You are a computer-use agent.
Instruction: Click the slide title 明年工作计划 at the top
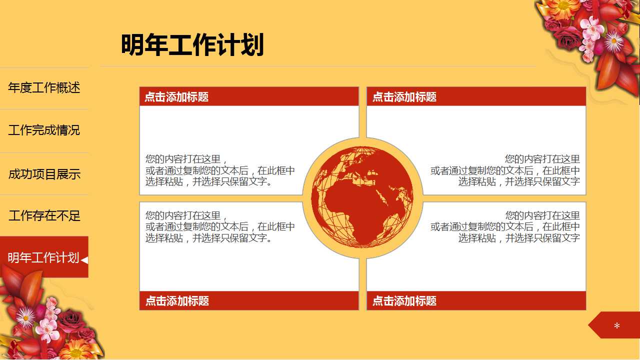tap(192, 45)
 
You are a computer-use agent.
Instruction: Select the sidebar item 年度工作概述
tap(44, 88)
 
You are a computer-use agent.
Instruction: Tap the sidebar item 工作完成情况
tap(44, 130)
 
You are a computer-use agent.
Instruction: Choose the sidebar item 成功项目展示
tap(44, 174)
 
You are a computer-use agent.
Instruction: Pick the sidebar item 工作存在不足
tap(44, 216)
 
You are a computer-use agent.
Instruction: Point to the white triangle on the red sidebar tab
tap(84, 259)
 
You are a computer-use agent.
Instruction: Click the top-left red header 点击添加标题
tap(176, 97)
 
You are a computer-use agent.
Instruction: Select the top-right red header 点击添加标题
tap(404, 97)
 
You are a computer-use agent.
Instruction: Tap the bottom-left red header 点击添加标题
tap(176, 301)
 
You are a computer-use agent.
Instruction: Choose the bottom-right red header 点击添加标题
tap(404, 301)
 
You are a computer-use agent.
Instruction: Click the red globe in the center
tap(362, 197)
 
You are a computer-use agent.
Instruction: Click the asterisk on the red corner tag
tap(616, 326)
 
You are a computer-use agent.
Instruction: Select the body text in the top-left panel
tap(220, 170)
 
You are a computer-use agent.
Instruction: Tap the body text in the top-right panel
tap(505, 170)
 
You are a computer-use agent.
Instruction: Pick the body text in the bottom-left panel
tap(220, 227)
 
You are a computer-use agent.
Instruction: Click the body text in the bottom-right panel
tap(505, 227)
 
